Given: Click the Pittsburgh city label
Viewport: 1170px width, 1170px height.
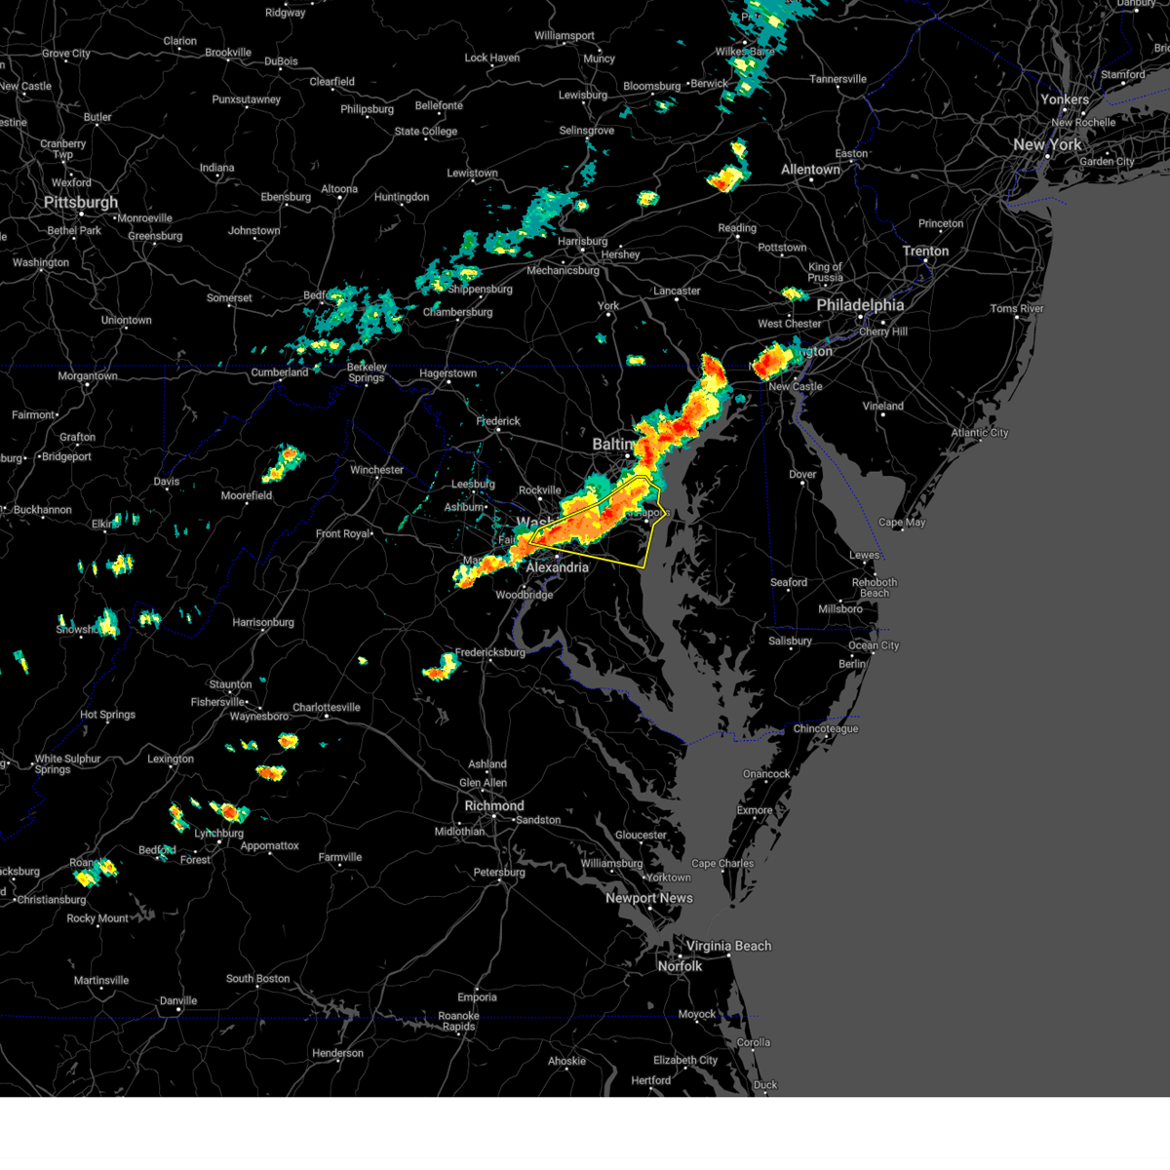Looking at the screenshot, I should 81,203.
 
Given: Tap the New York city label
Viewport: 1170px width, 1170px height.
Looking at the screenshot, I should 1048,144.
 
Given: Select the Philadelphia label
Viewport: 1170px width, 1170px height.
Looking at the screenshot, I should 860,305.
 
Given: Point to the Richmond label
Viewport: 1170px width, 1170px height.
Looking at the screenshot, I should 494,806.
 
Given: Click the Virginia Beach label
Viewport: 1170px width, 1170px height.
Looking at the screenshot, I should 728,946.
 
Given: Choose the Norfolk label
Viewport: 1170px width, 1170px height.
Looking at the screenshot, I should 680,966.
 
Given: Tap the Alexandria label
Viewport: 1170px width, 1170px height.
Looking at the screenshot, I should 558,567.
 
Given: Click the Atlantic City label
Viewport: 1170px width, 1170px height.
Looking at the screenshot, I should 980,433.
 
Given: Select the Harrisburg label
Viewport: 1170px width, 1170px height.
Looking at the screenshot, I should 582,242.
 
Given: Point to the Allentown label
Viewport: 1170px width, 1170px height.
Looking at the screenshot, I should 810,170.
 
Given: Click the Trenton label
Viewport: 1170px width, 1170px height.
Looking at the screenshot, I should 925,252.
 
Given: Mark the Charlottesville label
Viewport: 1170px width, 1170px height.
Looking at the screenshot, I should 327,708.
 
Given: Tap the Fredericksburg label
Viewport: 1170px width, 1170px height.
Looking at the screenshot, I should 490,652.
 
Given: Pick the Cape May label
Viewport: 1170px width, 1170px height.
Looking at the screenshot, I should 902,523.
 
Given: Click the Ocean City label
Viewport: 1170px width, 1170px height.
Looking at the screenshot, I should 875,645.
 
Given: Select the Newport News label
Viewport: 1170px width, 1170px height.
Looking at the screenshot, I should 649,898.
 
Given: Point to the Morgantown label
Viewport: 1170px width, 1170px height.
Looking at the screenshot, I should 88,376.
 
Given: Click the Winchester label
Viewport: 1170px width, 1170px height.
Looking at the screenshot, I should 376,470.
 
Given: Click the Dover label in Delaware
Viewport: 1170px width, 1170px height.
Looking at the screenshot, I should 802,475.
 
